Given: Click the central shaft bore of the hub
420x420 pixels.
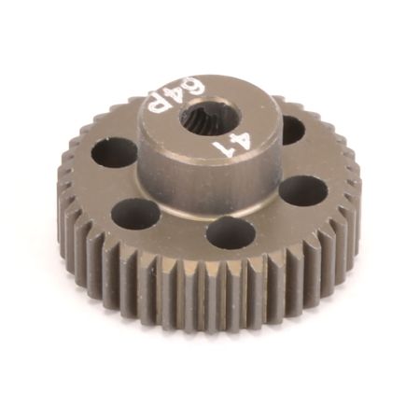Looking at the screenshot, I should [x=203, y=116].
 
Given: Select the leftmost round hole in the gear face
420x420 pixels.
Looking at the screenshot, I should [x=114, y=152].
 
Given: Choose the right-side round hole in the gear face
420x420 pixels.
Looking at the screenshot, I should [x=302, y=190].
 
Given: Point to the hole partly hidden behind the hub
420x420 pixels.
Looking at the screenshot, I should [x=290, y=129].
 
